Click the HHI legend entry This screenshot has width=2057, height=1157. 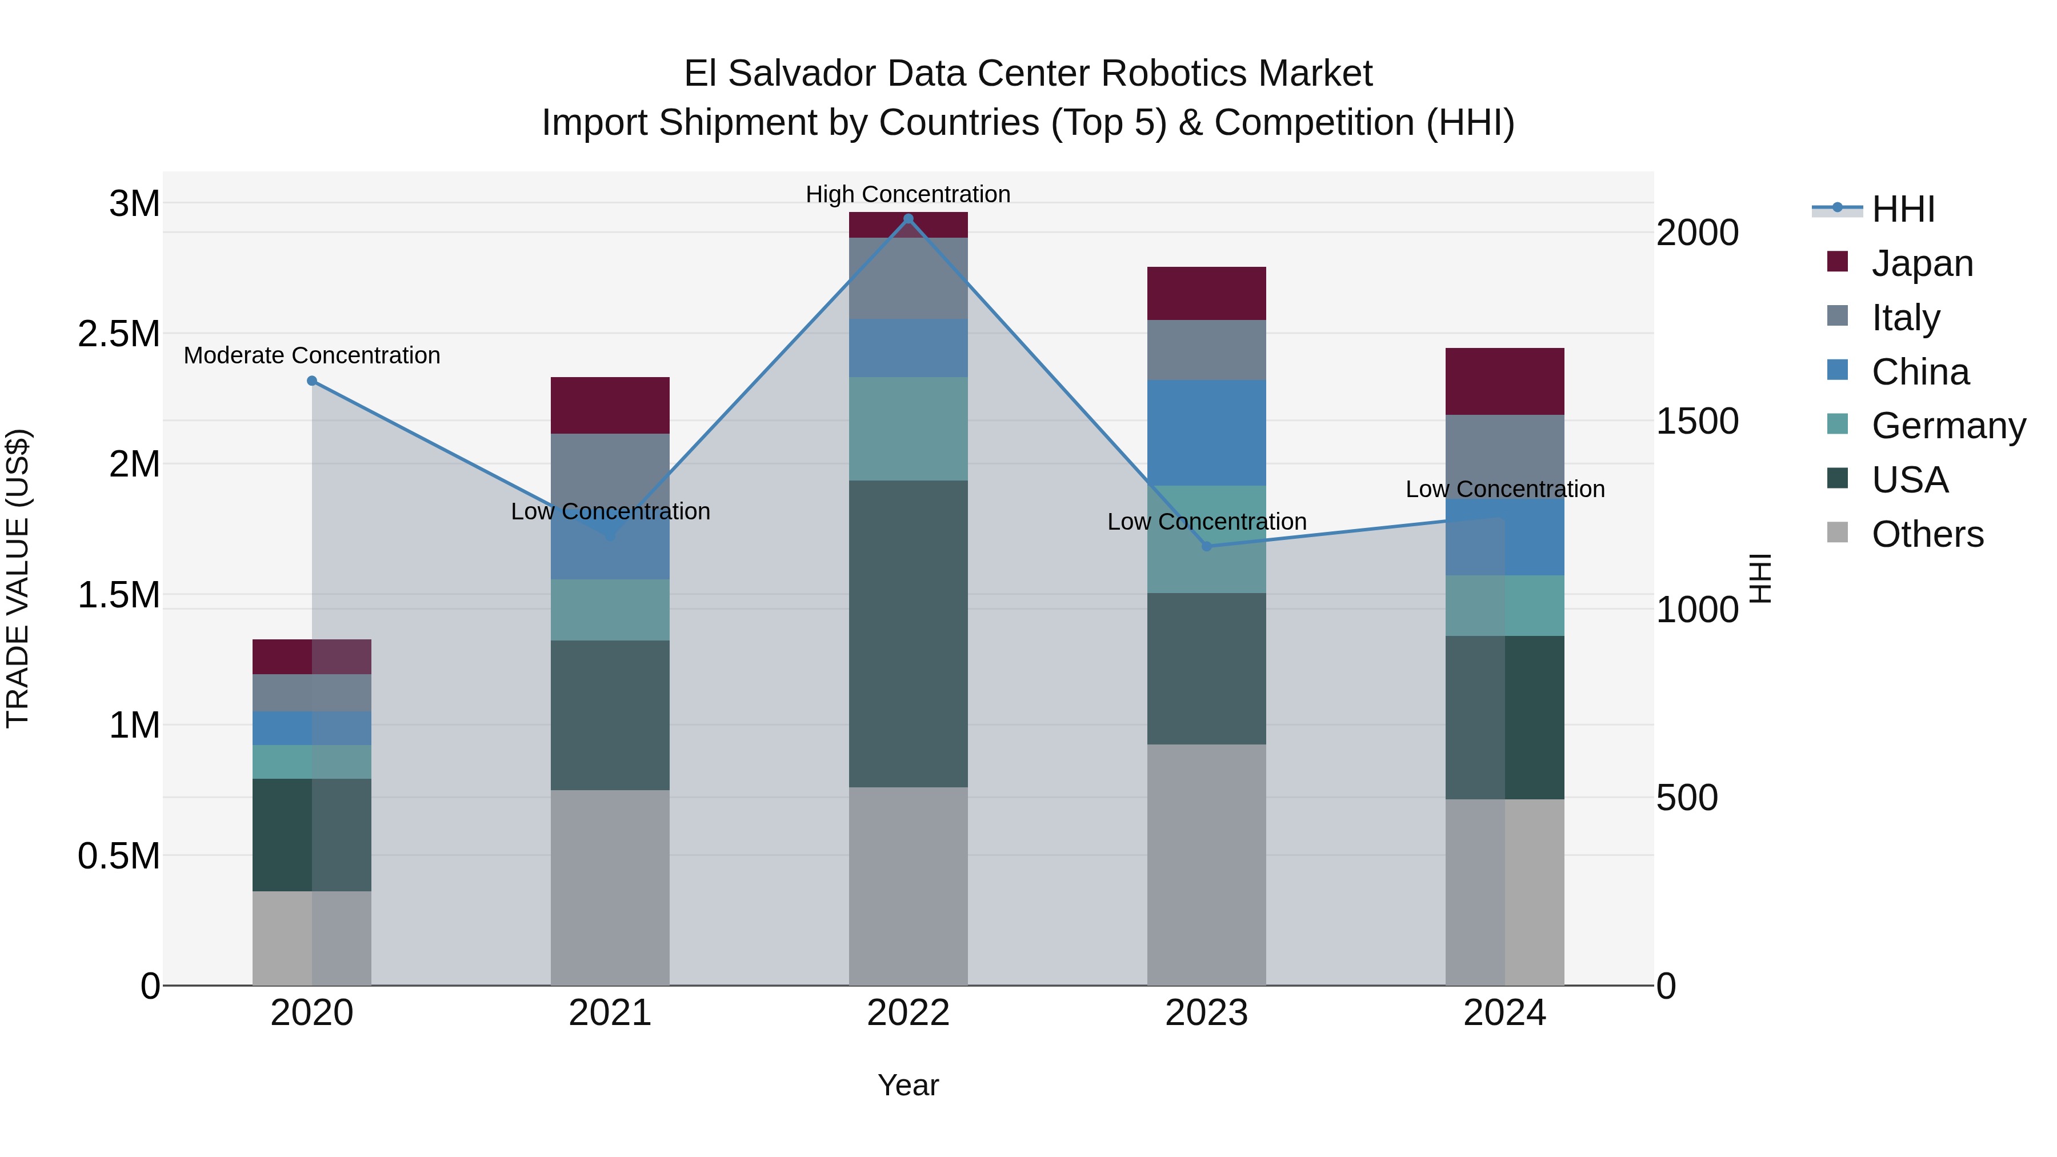1902,209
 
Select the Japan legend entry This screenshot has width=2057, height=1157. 1921,263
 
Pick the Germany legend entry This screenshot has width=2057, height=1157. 1948,426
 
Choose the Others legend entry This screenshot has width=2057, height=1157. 1927,534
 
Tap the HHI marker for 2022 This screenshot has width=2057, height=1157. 908,219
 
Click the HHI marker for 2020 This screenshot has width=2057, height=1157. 312,381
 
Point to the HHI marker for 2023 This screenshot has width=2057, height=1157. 1207,546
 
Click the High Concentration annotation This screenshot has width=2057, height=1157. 908,194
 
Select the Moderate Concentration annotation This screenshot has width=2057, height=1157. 312,355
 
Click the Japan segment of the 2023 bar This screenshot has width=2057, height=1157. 1207,293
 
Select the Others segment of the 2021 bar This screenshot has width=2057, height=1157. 610,886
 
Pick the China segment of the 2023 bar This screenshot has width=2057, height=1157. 1207,432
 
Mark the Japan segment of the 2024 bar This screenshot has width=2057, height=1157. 1504,381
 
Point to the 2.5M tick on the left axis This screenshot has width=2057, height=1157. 118,334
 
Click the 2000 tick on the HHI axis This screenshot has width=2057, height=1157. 1697,233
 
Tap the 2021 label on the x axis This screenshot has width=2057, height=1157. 610,1013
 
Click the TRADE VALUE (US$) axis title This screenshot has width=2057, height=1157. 18,578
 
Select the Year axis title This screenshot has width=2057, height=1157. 908,1085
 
